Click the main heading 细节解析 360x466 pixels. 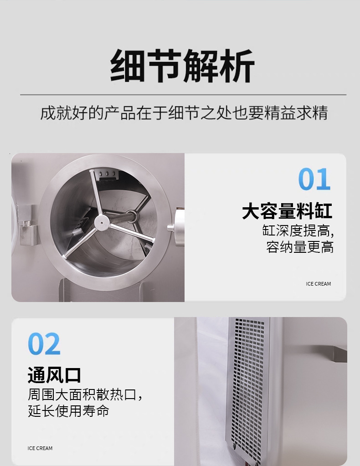pos(182,66)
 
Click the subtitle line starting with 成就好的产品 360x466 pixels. pos(184,113)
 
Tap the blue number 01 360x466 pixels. pos(314,179)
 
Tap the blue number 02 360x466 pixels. pos(44,344)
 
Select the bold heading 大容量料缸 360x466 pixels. pos(287,211)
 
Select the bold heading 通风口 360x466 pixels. pos(54,375)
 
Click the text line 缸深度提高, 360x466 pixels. pos(298,230)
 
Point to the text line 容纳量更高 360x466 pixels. pos(300,247)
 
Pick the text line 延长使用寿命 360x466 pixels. pos(68,411)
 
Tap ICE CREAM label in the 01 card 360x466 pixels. pos(318,284)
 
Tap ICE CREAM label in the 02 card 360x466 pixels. pos(40,448)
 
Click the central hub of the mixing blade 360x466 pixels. pos(102,222)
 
